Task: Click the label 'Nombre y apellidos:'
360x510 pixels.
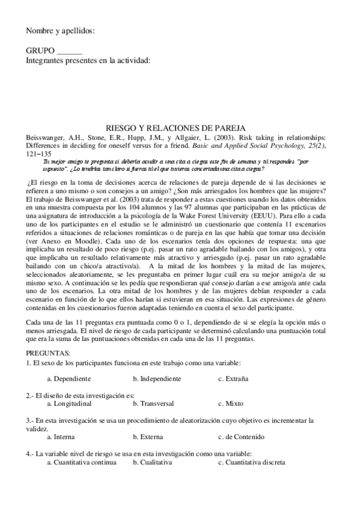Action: tap(61, 31)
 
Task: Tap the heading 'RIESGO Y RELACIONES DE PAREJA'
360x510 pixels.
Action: tap(180, 128)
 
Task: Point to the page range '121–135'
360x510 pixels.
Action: tap(40, 153)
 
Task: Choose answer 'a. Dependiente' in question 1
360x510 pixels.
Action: tap(69, 379)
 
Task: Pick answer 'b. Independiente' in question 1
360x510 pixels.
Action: tap(156, 379)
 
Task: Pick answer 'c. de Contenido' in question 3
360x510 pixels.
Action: tap(242, 437)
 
